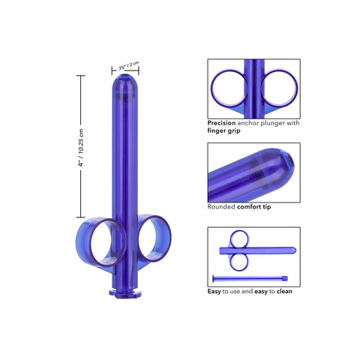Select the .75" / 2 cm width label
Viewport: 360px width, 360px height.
point(127,67)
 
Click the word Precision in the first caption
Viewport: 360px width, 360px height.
point(222,121)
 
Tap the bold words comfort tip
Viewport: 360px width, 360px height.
point(253,206)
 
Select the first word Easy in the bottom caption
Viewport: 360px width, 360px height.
point(214,291)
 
